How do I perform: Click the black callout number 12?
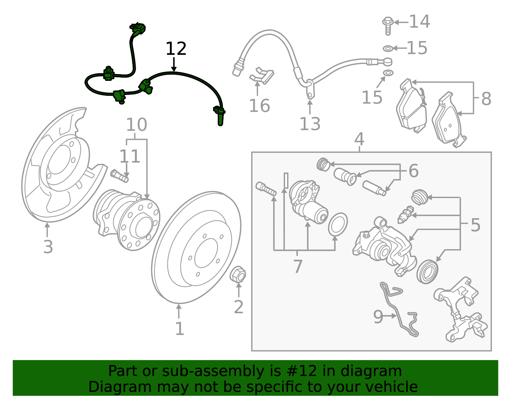[x=176, y=49]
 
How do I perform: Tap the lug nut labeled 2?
[x=238, y=274]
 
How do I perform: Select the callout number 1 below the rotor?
[x=179, y=329]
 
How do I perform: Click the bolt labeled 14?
[x=387, y=25]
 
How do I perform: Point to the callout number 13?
[x=310, y=124]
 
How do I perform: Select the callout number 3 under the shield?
[x=48, y=247]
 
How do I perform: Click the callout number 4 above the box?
[x=359, y=139]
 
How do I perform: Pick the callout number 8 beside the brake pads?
[x=486, y=99]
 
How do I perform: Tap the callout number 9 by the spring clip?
[x=378, y=317]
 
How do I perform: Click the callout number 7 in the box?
[x=298, y=266]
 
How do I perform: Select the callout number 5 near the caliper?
[x=475, y=225]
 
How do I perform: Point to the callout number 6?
[x=413, y=171]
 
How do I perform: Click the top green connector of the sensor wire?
[x=138, y=28]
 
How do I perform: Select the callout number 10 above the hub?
[x=136, y=125]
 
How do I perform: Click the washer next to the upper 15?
[x=388, y=49]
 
